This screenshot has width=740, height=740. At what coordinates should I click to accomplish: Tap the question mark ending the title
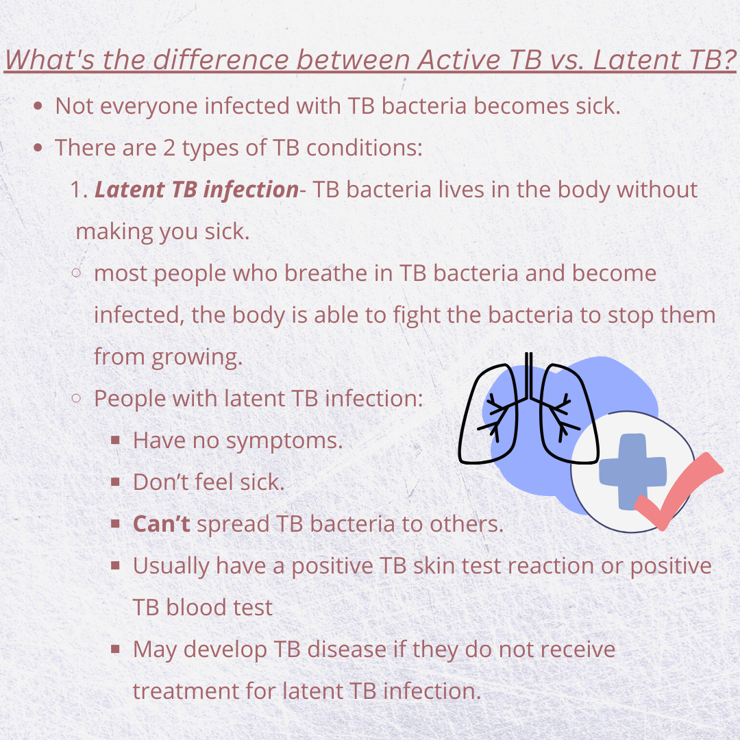(x=730, y=60)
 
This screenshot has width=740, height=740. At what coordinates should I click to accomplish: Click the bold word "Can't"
(x=162, y=524)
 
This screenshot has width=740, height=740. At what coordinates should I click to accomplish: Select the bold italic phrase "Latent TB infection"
(x=197, y=190)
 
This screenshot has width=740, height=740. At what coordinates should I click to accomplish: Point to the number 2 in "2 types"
(x=169, y=148)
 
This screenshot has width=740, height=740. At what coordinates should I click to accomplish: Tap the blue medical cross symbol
(x=633, y=471)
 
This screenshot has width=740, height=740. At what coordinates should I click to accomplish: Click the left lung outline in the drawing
(x=488, y=414)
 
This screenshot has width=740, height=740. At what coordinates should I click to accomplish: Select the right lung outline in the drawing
(x=569, y=414)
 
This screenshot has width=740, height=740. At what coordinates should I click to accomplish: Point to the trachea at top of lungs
(x=529, y=376)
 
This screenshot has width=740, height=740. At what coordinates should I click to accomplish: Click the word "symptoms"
(x=284, y=441)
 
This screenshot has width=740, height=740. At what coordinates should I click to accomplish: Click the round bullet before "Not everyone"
(x=38, y=106)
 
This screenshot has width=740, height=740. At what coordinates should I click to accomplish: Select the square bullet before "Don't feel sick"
(x=115, y=482)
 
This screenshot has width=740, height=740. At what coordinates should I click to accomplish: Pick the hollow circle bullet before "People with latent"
(x=77, y=398)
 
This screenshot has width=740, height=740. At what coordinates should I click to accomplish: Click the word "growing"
(x=197, y=358)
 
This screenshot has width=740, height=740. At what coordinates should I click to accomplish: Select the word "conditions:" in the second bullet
(x=365, y=148)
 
